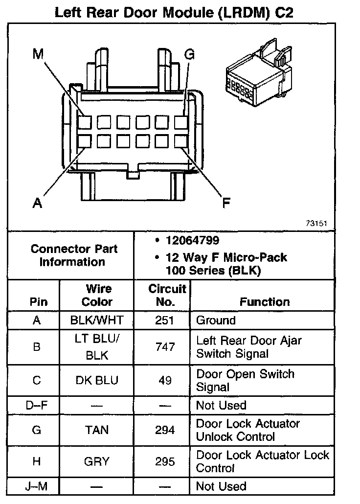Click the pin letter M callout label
38,54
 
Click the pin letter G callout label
189,54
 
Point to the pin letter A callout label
37,203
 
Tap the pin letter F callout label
226,203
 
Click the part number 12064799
192,241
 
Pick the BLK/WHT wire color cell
97,321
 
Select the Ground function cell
216,321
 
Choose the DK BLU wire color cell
97,381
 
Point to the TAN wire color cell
97,430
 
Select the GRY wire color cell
97,461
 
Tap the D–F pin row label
37,405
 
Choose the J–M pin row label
37,486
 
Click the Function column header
265,302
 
